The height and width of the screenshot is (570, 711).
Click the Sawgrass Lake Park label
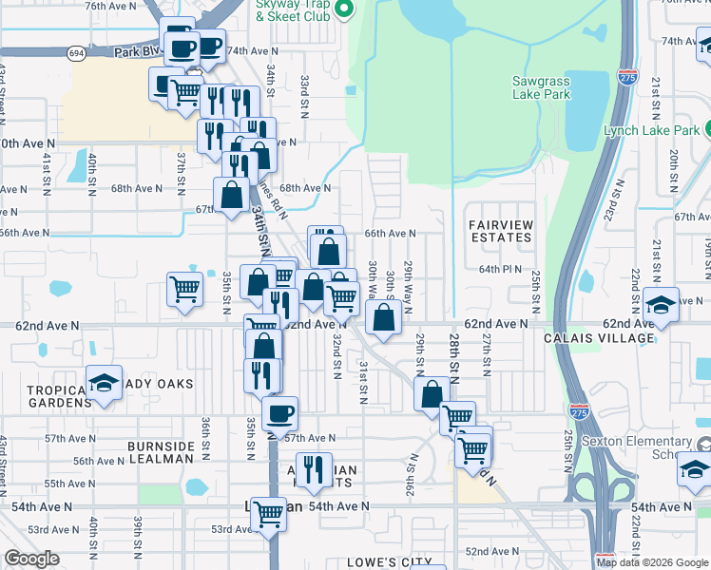(541, 87)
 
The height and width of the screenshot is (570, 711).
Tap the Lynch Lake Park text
(649, 130)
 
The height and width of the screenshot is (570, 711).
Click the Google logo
(31, 559)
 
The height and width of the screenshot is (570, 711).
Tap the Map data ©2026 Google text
(651, 562)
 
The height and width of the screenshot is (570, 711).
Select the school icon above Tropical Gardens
(104, 384)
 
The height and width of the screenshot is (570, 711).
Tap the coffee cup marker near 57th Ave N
(279, 414)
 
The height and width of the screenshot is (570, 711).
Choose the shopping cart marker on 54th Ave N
(269, 514)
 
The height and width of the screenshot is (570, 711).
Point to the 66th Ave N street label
(390, 233)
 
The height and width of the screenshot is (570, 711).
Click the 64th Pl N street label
(500, 270)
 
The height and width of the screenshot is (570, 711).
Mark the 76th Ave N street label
(106, 6)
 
